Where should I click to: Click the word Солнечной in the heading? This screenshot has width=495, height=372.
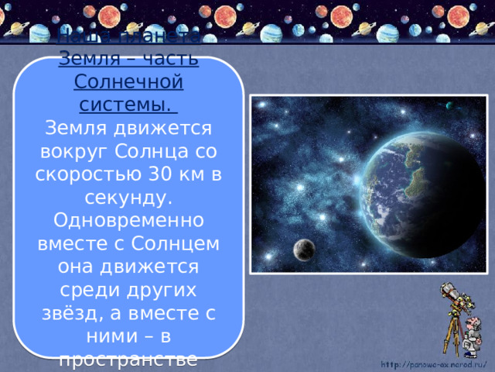pyautogui.click(x=128, y=81)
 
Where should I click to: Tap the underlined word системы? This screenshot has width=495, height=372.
pyautogui.click(x=128, y=103)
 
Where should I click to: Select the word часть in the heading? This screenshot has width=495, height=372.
pyautogui.click(x=169, y=60)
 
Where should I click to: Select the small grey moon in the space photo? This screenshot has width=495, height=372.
pyautogui.click(x=304, y=249)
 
